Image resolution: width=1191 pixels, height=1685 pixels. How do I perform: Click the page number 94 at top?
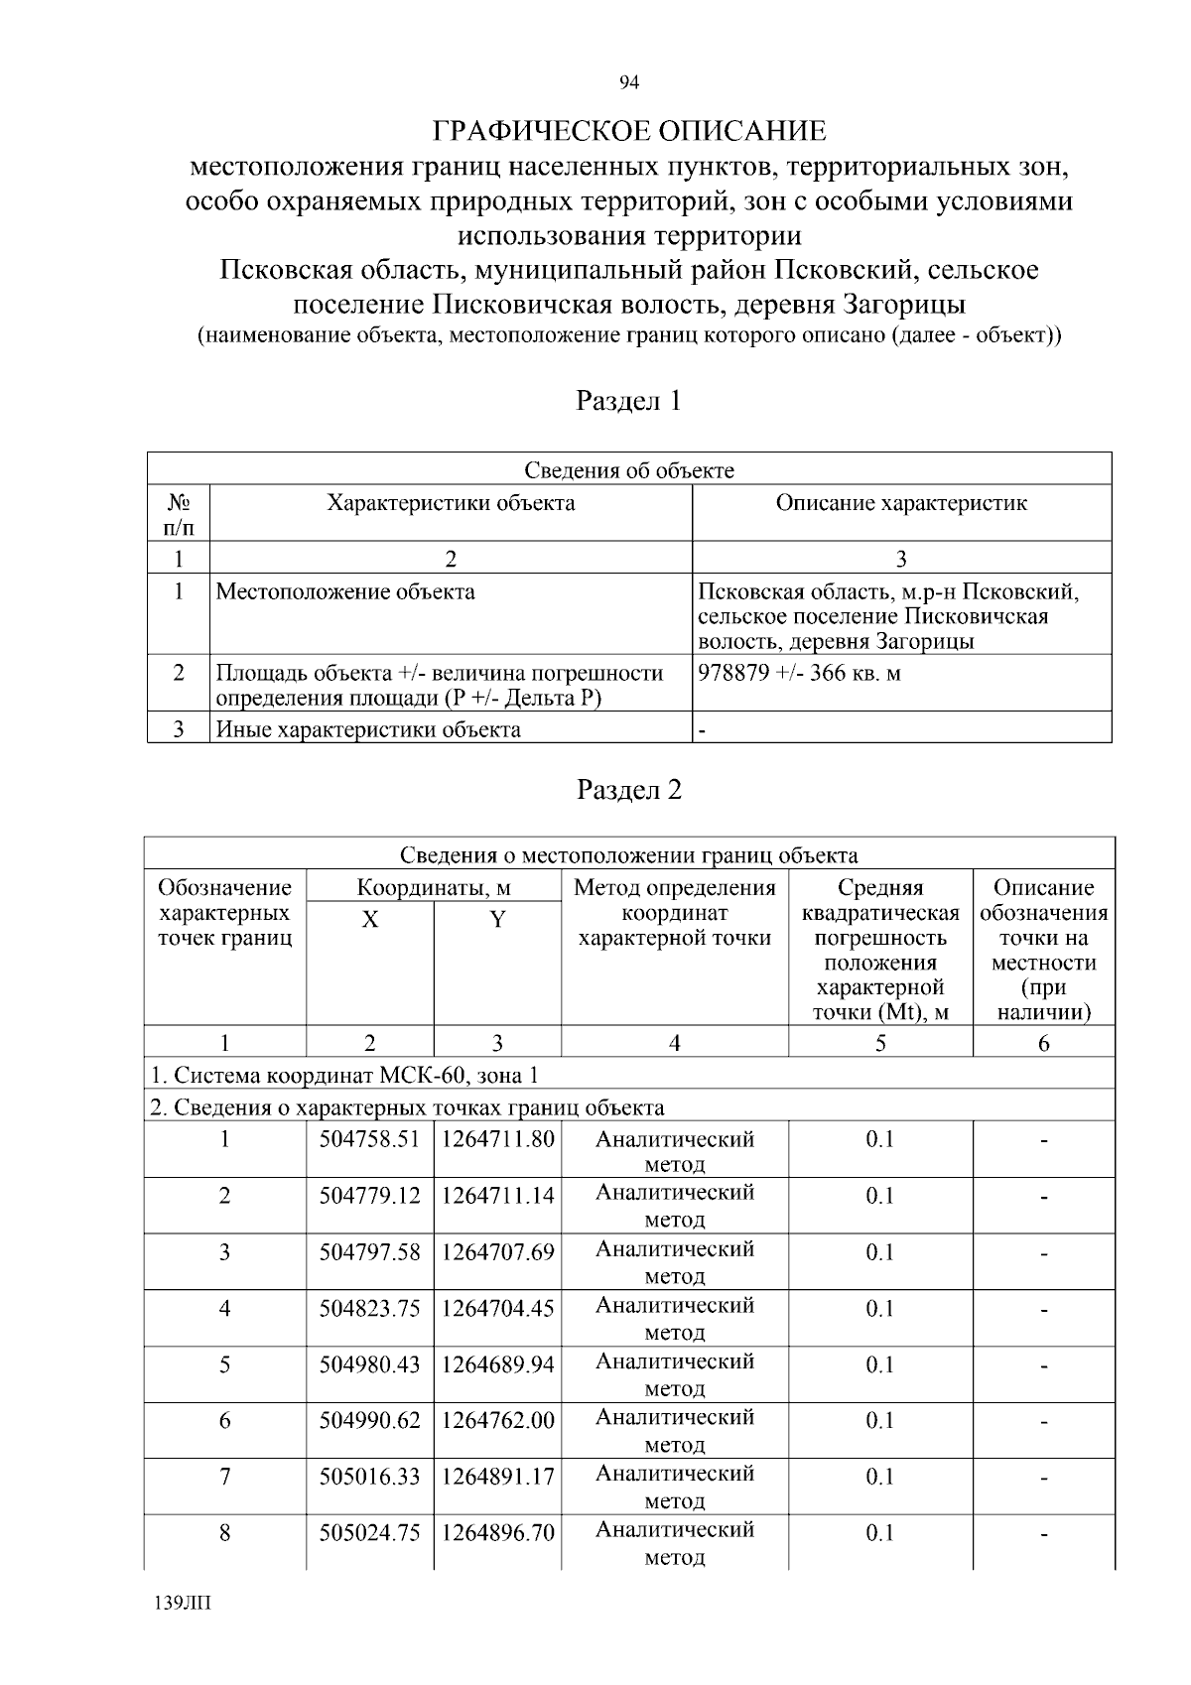628,82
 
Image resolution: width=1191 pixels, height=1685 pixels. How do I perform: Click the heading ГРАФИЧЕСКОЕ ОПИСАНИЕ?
629,131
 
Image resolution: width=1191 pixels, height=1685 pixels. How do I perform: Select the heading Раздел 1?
629,401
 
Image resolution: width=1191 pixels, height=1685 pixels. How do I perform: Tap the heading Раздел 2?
629,790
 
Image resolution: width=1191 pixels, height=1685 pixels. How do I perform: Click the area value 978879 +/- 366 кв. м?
800,673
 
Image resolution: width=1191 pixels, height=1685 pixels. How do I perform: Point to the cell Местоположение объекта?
345,592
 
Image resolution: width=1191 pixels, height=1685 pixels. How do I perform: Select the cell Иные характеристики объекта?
368,730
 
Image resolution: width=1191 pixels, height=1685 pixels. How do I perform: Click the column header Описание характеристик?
901,503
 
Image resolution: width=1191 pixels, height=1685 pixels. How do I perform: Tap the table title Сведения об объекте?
629,469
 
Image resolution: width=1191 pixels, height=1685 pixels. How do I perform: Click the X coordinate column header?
369,920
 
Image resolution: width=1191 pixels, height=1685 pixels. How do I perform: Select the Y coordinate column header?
497,920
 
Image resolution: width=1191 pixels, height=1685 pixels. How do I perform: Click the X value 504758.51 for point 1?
369,1139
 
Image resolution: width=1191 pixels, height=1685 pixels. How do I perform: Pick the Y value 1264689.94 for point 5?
497,1364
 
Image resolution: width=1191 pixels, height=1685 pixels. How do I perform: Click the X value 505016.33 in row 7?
369,1477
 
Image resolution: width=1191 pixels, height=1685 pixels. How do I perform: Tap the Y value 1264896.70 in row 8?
497,1533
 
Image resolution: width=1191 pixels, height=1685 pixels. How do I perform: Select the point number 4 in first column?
225,1308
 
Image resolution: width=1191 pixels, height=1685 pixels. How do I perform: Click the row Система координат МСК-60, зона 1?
344,1076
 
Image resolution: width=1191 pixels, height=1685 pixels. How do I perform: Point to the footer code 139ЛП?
184,1604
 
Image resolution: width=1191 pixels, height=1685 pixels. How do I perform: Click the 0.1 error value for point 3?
880,1252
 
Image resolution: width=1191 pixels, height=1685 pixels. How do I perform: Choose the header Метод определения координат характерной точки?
675,913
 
